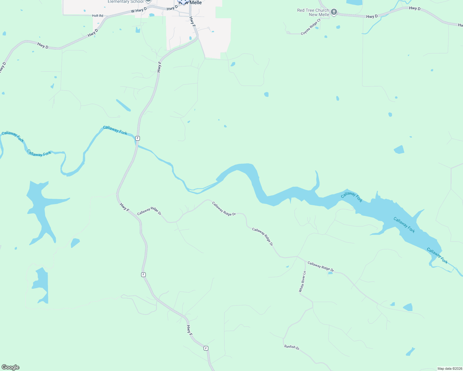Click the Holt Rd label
pyautogui.click(x=97, y=15)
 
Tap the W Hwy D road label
pyautogui.click(x=139, y=10)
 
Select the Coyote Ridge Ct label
pyautogui.click(x=311, y=27)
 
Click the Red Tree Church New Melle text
pyautogui.click(x=313, y=12)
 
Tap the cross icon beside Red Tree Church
pyautogui.click(x=334, y=12)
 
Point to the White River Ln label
pyautogui.click(x=302, y=281)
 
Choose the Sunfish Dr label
pyautogui.click(x=292, y=347)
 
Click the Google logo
pyautogui.click(x=11, y=367)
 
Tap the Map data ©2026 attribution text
pyautogui.click(x=450, y=369)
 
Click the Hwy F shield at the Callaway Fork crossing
pyautogui.click(x=137, y=138)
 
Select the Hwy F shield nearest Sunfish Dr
pyautogui.click(x=206, y=348)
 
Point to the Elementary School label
pyautogui.click(x=126, y=2)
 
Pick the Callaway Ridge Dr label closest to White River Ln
pyautogui.click(x=321, y=267)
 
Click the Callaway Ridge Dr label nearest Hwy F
pyautogui.click(x=149, y=211)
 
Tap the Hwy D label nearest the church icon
pyautogui.click(x=372, y=16)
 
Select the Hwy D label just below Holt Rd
pyautogui.click(x=93, y=33)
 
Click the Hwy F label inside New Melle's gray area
pyautogui.click(x=192, y=21)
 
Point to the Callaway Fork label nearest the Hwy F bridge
pyautogui.click(x=115, y=130)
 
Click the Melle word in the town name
pyautogui.click(x=196, y=2)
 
